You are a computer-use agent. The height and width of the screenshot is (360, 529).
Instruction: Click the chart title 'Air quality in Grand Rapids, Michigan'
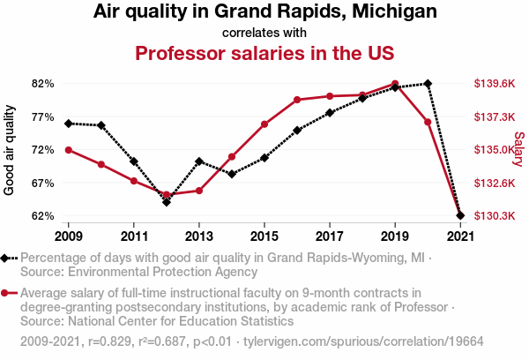coord(264,12)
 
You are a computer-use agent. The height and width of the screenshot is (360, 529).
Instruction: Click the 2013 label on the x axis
coord(198,236)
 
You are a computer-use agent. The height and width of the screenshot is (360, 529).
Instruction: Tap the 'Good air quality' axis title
coord(10,150)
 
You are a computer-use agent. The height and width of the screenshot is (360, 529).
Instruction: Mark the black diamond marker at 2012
coord(166,202)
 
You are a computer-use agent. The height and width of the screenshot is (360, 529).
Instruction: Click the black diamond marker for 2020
coord(428,84)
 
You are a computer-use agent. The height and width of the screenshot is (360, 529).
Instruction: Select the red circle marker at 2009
coord(68,150)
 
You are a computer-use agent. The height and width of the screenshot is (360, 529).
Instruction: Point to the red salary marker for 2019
coord(395,84)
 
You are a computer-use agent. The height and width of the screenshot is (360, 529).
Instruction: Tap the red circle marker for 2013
coord(199,191)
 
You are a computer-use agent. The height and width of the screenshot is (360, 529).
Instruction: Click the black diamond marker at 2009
coord(68,124)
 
